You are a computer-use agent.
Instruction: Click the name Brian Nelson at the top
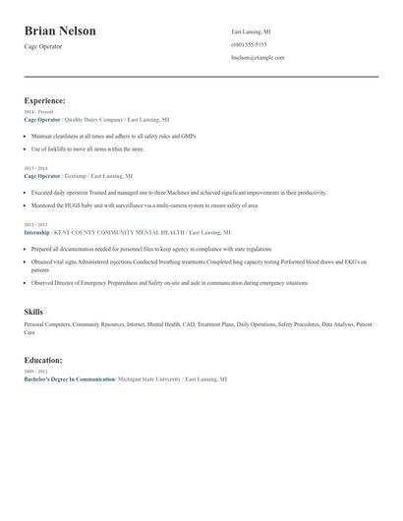pos(60,30)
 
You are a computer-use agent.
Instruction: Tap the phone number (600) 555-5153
pos(249,45)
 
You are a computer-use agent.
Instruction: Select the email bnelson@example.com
pos(258,58)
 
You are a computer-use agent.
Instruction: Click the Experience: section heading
pos(45,100)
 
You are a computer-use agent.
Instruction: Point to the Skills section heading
pos(33,312)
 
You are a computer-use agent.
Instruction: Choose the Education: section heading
pos(43,360)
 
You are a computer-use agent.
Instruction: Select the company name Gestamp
pos(76,175)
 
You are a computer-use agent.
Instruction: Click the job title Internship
pos(36,233)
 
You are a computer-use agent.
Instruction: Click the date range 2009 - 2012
pos(34,372)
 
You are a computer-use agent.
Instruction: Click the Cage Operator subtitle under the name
pos(44,47)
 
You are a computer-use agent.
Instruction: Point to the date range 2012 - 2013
pos(34,226)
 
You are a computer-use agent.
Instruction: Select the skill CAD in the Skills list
pos(184,323)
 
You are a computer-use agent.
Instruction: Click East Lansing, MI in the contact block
pos(251,32)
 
